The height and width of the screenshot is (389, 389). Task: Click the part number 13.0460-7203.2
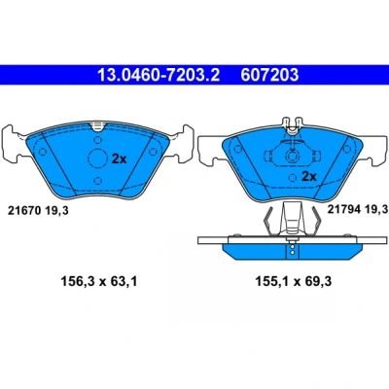[159, 75]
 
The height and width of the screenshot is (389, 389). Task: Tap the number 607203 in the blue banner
[269, 75]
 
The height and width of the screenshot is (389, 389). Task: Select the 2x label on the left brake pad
[119, 159]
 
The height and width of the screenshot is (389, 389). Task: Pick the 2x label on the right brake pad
[309, 177]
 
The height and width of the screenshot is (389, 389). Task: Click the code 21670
[24, 211]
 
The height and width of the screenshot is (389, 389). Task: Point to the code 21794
[344, 209]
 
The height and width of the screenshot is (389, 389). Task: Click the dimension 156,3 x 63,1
[99, 281]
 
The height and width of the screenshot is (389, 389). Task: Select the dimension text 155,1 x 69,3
[294, 281]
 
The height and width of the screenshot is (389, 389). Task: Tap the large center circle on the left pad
[97, 159]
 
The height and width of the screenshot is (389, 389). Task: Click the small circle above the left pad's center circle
[98, 140]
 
